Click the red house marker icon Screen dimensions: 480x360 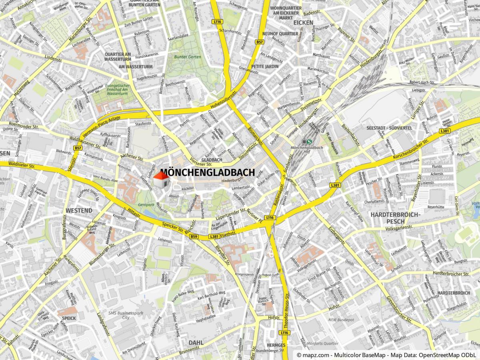click(161, 181)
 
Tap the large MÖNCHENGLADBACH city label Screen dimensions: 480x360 click(208, 173)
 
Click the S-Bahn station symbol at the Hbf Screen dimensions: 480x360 click(307, 141)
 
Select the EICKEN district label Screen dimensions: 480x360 click(303, 23)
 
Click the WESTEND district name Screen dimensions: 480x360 click(79, 210)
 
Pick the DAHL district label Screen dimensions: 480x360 click(196, 343)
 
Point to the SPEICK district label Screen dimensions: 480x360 click(69, 318)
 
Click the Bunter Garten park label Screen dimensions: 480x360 click(187, 57)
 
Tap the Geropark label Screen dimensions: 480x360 click(146, 204)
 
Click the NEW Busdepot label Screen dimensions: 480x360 click(341, 320)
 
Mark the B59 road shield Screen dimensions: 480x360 click(194, 237)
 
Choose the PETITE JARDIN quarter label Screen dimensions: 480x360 click(265, 66)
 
